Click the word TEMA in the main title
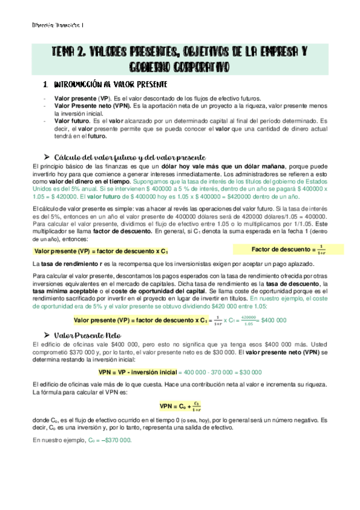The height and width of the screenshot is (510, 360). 64,52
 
